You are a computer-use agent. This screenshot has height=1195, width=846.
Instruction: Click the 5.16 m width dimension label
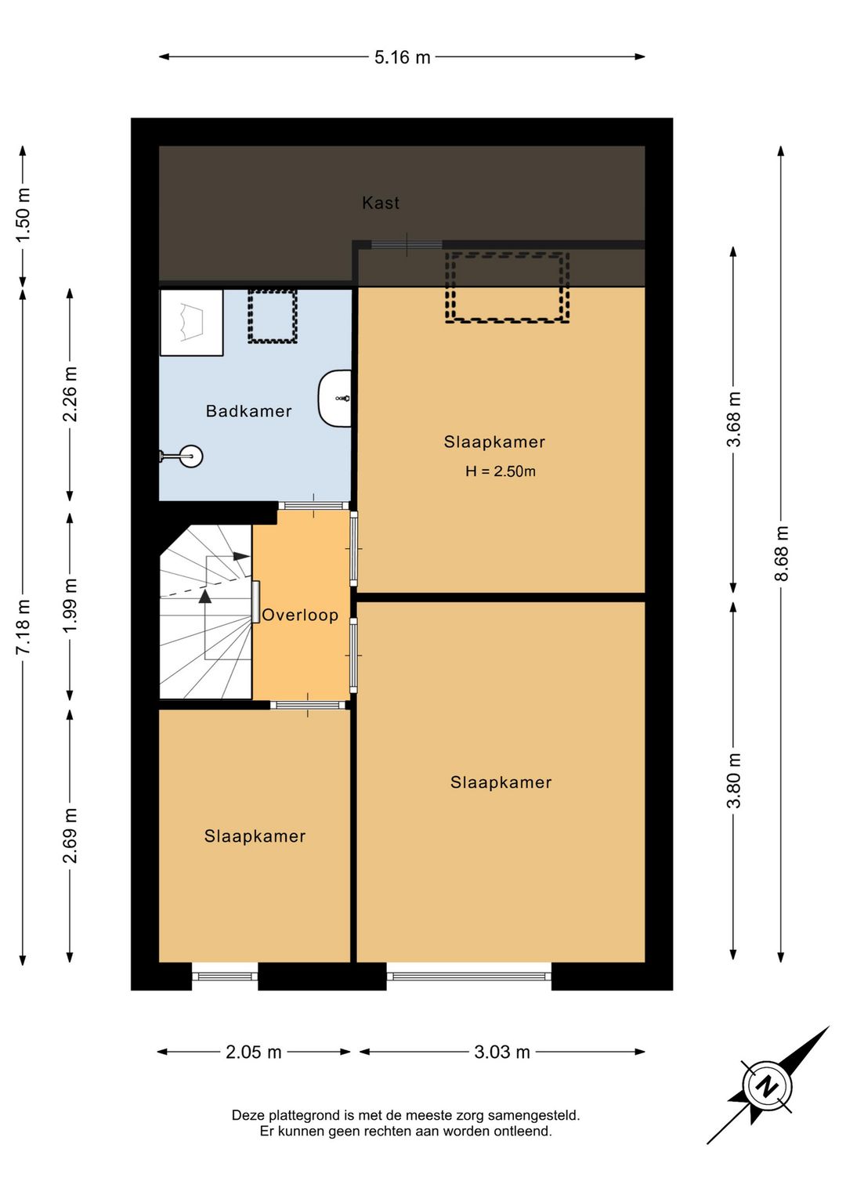(402, 57)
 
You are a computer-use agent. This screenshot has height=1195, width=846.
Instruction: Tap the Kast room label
(380, 203)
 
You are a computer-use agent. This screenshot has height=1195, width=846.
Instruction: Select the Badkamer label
(249, 411)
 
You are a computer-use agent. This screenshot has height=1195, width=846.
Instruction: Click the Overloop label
(300, 615)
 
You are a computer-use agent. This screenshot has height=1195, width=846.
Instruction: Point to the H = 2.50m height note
(500, 471)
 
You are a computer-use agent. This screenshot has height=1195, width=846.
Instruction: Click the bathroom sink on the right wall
(334, 399)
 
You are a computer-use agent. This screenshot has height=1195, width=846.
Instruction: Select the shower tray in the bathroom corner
(192, 322)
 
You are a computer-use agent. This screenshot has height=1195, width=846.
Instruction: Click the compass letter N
(768, 1086)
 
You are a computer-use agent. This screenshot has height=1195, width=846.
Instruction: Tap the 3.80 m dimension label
(733, 780)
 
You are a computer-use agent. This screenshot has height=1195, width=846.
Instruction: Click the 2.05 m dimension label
(254, 1052)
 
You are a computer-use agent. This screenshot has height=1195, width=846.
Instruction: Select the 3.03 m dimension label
(502, 1052)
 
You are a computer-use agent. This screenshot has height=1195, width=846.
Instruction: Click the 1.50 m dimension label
(23, 215)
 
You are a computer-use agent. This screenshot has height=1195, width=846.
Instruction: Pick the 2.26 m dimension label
(70, 394)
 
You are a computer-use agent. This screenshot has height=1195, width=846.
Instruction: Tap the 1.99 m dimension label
(70, 605)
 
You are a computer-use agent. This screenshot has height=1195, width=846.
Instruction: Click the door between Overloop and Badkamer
(313, 505)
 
